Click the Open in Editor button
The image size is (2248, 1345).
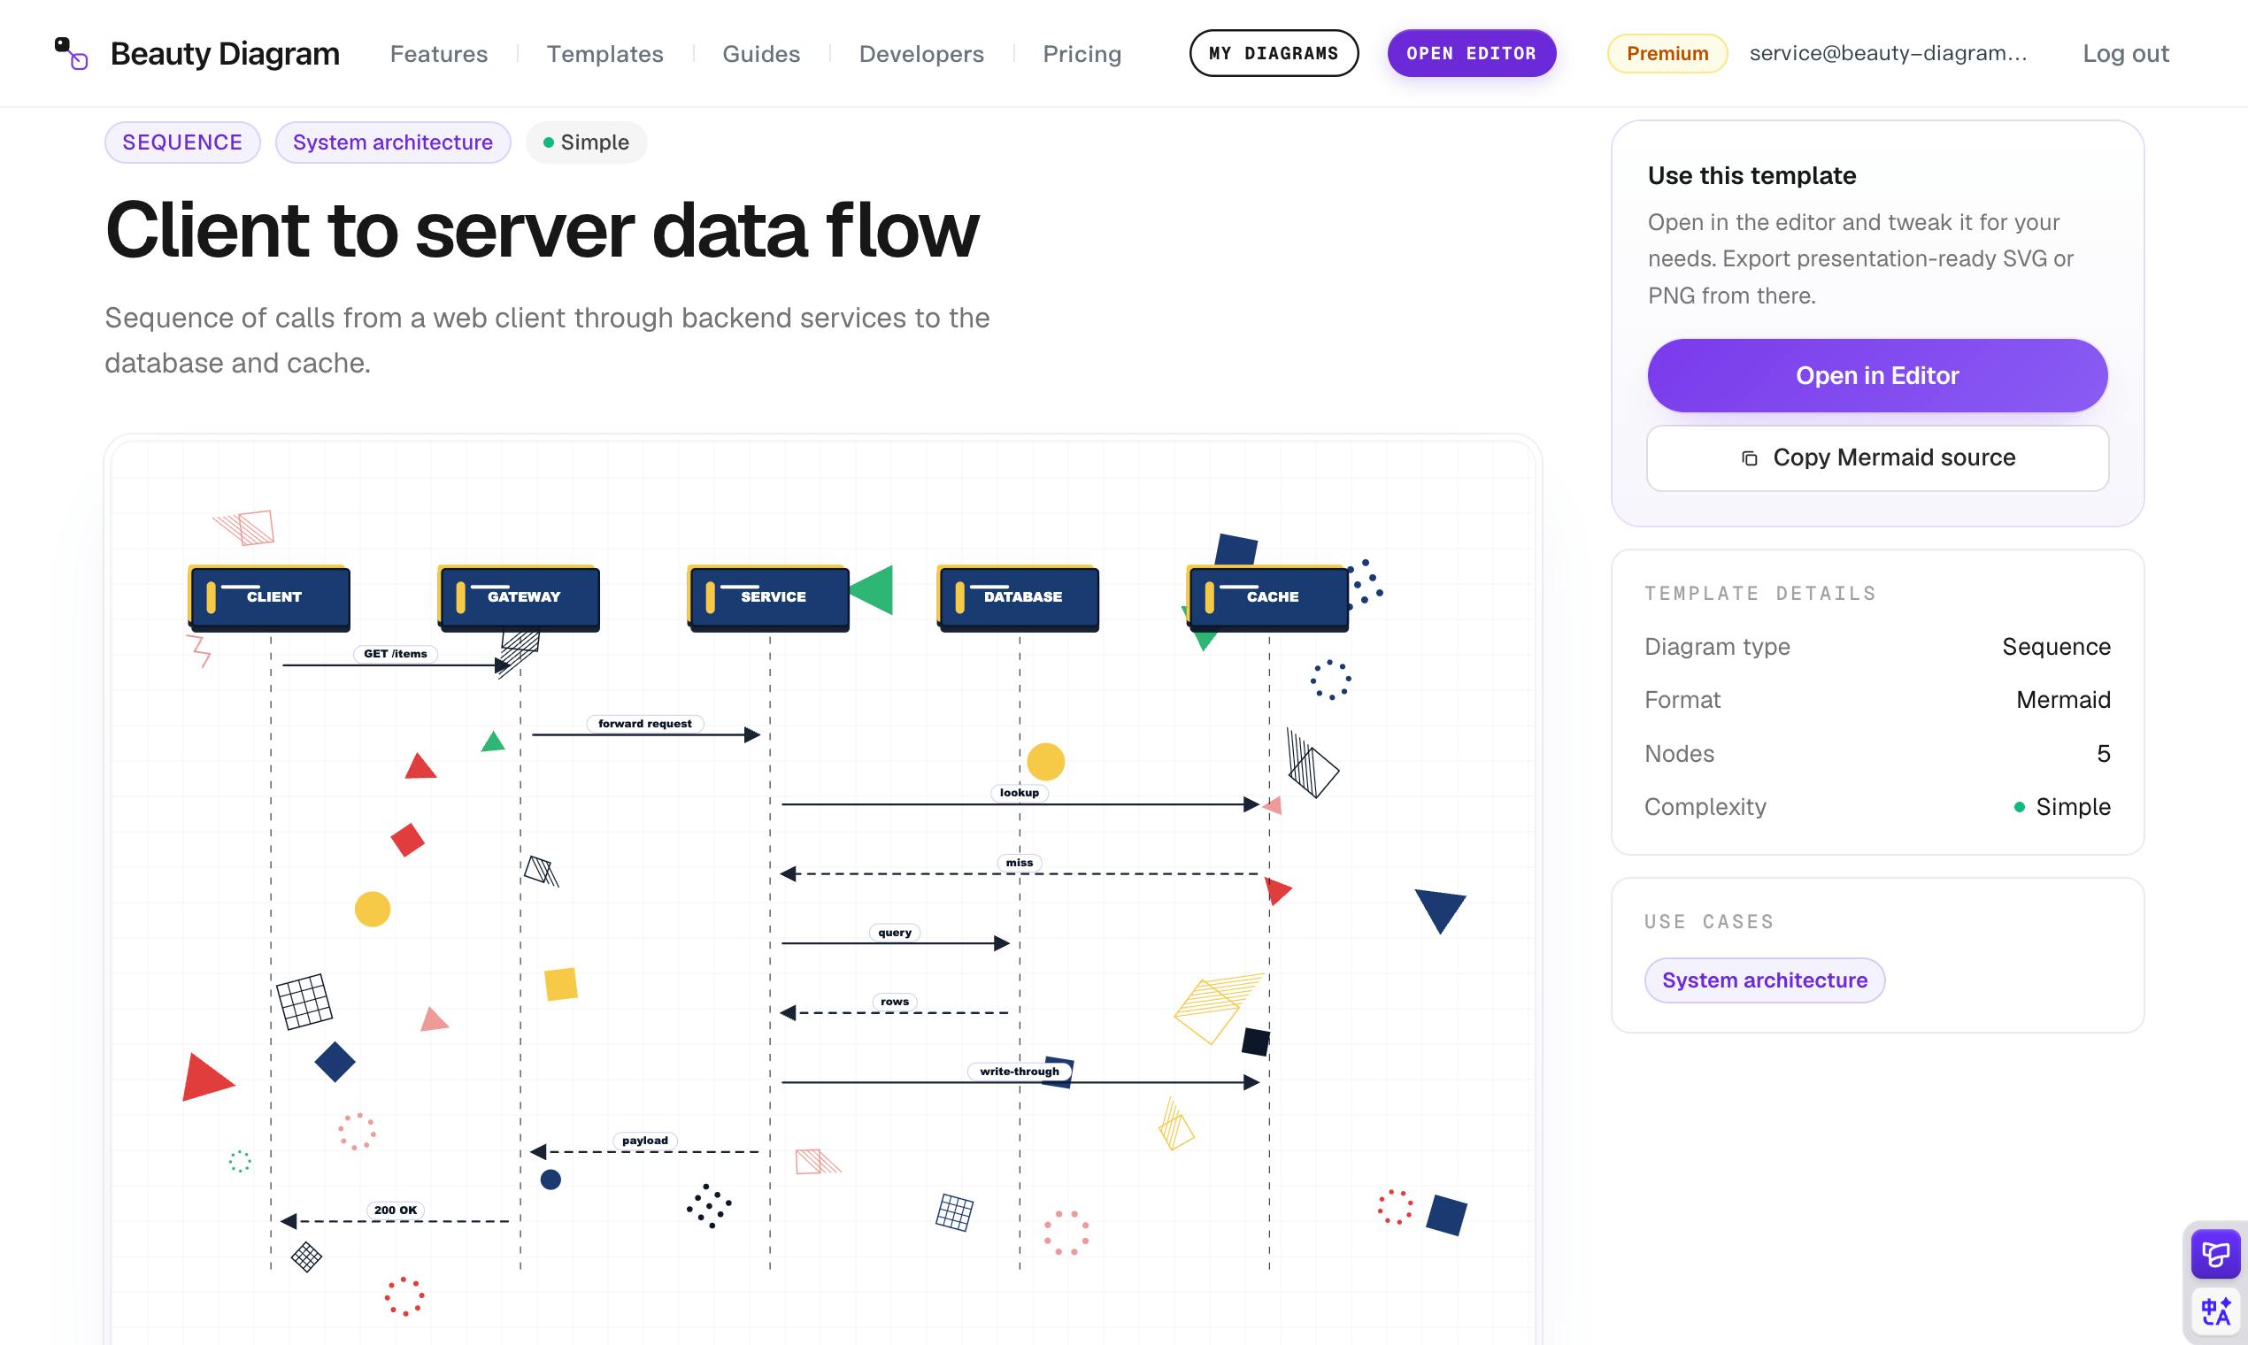(x=1876, y=375)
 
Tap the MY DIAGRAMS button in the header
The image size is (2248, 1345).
(x=1273, y=53)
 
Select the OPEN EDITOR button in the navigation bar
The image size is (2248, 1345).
(x=1471, y=53)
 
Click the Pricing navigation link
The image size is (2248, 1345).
(x=1082, y=53)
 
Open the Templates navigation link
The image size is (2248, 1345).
(x=604, y=53)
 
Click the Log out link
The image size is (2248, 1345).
(x=2125, y=53)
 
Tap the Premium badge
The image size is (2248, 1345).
(x=1667, y=53)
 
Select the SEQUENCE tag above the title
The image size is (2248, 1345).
(x=182, y=142)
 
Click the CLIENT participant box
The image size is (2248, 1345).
(x=269, y=597)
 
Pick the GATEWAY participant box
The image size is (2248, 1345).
(x=519, y=597)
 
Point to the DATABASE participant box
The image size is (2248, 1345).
(x=1018, y=597)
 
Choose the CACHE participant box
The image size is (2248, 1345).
(x=1267, y=597)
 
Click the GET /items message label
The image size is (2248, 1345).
(x=396, y=653)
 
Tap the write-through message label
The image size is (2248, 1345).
(x=1019, y=1072)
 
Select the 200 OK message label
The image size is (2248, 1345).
(x=396, y=1210)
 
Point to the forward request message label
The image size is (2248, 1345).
(x=644, y=723)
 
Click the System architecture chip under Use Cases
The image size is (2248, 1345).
(x=1764, y=980)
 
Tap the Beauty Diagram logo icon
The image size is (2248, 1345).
(x=71, y=53)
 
